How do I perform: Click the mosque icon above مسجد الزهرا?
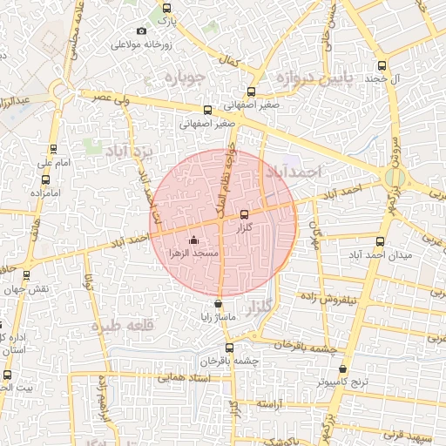click(x=193, y=240)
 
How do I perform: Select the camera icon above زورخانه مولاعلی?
click(x=142, y=31)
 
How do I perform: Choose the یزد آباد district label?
click(x=129, y=152)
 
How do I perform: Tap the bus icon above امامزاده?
click(x=45, y=179)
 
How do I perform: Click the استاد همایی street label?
click(x=159, y=378)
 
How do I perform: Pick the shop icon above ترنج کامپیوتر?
click(x=342, y=369)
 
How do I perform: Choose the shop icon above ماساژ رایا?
click(x=218, y=305)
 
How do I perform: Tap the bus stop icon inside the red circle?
click(x=244, y=213)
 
